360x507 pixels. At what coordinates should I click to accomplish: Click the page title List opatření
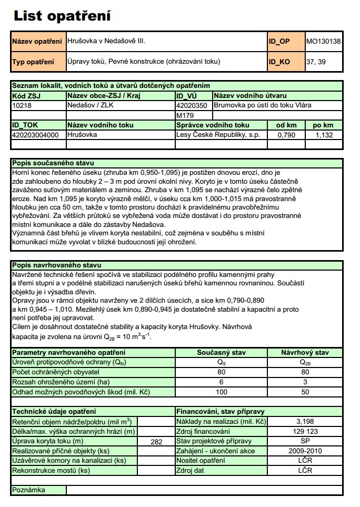(x=62, y=16)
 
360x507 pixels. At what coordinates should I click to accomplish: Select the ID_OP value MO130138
(x=323, y=41)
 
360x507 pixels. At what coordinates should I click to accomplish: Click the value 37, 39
(x=316, y=62)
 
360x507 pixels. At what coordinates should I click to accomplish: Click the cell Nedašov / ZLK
(x=87, y=105)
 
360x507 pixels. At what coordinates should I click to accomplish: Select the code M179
(x=185, y=115)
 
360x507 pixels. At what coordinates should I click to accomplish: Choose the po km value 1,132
(x=323, y=135)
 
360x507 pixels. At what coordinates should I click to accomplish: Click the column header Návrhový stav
(x=305, y=352)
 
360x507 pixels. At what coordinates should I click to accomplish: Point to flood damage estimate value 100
(x=221, y=392)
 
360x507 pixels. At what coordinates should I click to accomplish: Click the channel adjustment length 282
(x=156, y=441)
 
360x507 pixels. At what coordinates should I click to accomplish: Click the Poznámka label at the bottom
(x=29, y=490)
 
